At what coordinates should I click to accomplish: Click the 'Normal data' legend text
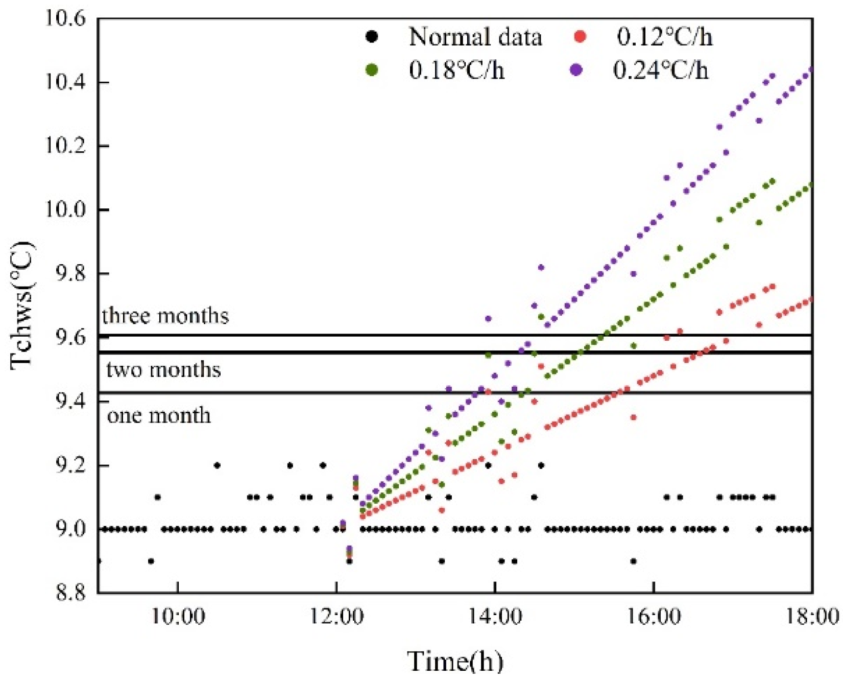pos(475,37)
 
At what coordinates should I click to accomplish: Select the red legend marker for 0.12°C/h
pos(580,37)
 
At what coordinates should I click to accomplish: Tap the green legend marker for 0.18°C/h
pos(372,69)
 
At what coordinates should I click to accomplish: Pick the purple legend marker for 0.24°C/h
pos(576,69)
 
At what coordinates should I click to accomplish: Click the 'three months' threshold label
pos(165,316)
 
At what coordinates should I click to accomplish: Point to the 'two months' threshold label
pos(163,369)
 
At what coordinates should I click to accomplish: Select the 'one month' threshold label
pos(159,415)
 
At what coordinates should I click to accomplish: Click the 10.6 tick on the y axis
pos(65,18)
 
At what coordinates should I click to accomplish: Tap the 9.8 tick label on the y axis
pos(70,274)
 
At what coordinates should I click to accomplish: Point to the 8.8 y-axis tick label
pos(70,593)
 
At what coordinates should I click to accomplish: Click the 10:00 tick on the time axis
pos(178,616)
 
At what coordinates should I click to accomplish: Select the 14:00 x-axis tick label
pos(495,616)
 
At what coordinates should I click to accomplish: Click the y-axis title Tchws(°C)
pos(22,305)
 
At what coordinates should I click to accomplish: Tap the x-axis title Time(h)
pos(455,661)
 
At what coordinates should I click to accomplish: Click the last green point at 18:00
pos(811,184)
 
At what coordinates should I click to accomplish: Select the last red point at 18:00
pos(811,299)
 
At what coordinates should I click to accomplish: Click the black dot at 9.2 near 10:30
pos(217,465)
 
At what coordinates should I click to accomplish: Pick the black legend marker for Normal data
pos(372,37)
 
